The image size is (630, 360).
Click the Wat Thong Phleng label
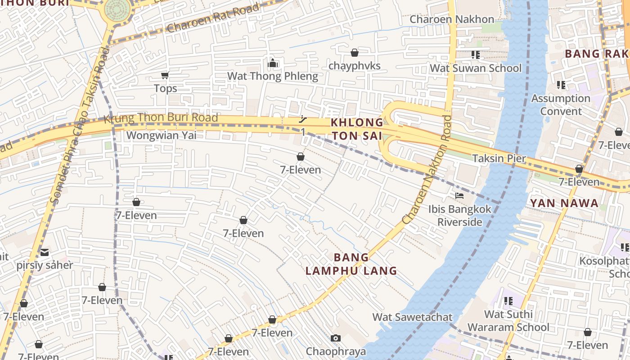(x=272, y=76)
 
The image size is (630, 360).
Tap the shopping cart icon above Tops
(x=165, y=75)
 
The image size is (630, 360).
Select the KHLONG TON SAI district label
(x=356, y=129)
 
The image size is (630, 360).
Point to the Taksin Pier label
(x=499, y=158)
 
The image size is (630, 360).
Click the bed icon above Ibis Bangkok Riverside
(x=459, y=196)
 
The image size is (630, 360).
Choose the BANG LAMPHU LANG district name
(x=351, y=264)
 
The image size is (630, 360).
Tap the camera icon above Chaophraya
(x=335, y=338)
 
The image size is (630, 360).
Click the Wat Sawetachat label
(x=412, y=317)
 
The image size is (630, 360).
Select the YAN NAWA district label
(x=564, y=203)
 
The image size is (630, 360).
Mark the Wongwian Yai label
(x=161, y=135)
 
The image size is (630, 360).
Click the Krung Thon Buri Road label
(x=161, y=119)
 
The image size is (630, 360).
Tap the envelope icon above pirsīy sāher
(x=45, y=252)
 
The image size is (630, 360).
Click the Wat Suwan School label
(x=476, y=68)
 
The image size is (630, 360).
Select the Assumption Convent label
(x=561, y=104)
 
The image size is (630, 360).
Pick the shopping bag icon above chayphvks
(x=355, y=53)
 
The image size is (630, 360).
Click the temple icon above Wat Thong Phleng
(x=273, y=63)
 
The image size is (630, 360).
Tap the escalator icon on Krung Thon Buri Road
(x=303, y=120)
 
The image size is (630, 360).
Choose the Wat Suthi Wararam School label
(x=508, y=320)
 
